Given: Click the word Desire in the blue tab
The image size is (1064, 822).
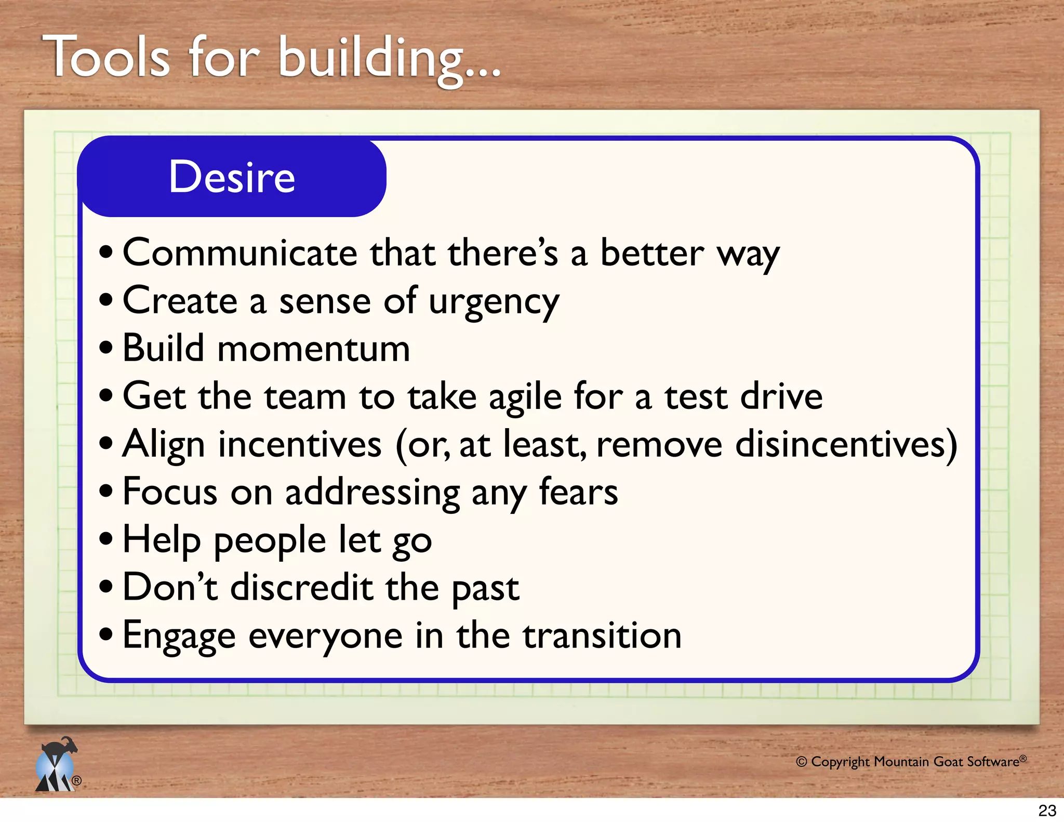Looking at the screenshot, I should point(232,177).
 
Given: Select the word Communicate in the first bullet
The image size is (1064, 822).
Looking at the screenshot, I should point(240,253).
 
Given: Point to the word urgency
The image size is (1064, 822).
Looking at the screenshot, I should point(494,302).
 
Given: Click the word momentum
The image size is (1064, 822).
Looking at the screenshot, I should point(314,349).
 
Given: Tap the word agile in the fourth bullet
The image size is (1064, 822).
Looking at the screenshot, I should point(525,397).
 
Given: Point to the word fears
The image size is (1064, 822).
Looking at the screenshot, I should point(578,492).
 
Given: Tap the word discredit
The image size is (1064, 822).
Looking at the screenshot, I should point(301,588).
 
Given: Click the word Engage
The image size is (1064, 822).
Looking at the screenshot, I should point(179,637).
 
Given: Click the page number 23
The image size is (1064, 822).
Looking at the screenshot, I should point(1047,811).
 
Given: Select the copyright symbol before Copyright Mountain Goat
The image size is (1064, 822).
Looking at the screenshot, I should point(801,762).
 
